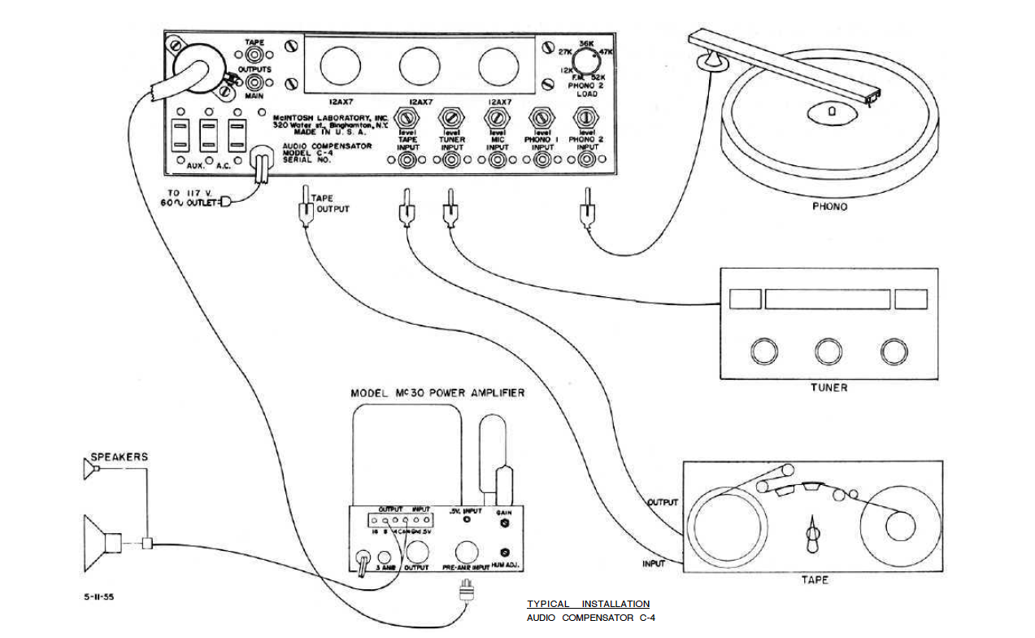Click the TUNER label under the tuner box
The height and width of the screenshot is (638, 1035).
pos(829,387)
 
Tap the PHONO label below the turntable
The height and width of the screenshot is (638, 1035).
pos(829,207)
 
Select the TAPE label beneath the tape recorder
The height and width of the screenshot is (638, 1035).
pos(814,579)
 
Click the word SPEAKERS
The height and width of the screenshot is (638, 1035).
pos(120,457)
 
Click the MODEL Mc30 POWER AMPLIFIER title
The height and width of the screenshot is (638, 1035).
pos(437,393)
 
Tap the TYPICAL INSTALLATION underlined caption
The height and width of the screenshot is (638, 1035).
pos(588,604)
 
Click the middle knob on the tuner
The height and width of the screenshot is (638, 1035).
pos(828,351)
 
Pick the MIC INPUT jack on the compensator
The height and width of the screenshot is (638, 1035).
pos(496,161)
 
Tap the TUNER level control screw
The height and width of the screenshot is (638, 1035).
pos(450,119)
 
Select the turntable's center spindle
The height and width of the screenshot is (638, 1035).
pos(831,112)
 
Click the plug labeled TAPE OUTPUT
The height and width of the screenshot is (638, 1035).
pos(307,212)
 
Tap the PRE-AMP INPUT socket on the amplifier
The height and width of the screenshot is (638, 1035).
pos(467,552)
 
